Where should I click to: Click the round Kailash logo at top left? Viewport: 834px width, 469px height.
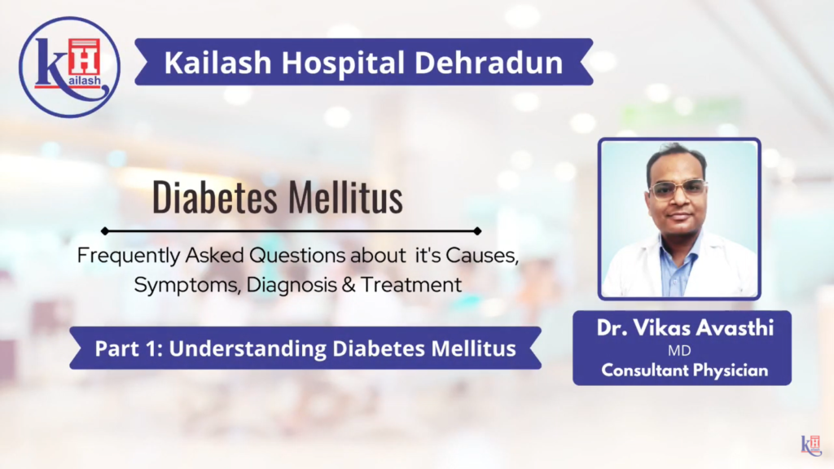click(x=69, y=67)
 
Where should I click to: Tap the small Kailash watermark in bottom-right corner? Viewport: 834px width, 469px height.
click(x=810, y=445)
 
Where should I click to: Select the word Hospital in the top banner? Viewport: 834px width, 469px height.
click(x=354, y=63)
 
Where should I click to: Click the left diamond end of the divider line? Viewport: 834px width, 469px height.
click(x=106, y=231)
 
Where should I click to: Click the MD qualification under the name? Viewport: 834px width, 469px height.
click(x=681, y=352)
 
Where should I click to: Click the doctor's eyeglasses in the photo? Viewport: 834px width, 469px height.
click(x=677, y=191)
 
